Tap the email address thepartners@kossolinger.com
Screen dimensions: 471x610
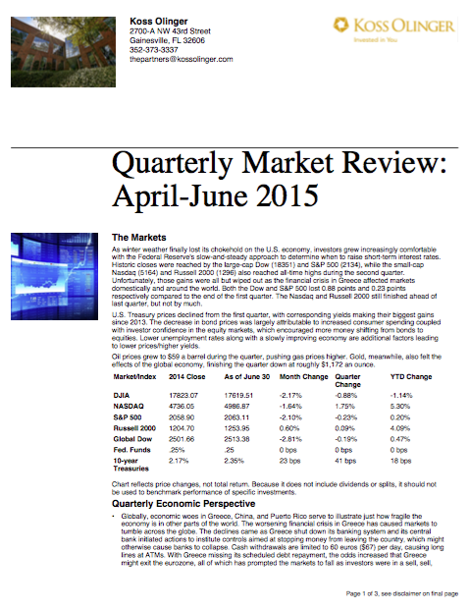pos(182,60)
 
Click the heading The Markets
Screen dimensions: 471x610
pos(144,238)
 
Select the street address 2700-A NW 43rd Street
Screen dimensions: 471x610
pos(173,30)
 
